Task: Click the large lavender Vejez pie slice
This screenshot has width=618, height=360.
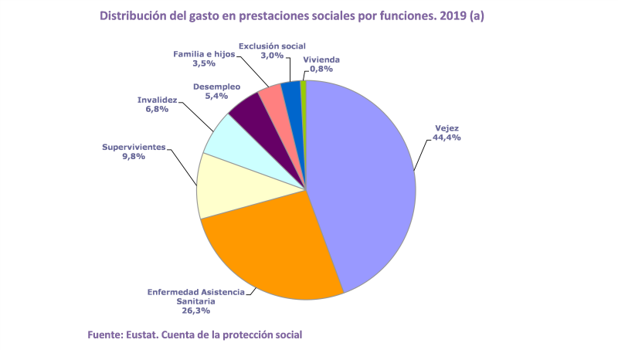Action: tap(363, 185)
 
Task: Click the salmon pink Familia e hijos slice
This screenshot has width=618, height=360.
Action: tap(272, 97)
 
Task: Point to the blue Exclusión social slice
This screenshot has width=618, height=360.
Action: tap(290, 92)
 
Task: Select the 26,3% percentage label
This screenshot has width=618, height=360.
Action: tap(195, 311)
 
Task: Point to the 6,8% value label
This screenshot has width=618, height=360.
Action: tap(157, 110)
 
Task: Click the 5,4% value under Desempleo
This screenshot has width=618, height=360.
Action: tap(216, 97)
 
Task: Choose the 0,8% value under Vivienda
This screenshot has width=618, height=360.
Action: tap(321, 69)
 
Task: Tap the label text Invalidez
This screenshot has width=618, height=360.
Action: tap(157, 100)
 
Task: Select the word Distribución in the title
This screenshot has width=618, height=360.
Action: tap(134, 15)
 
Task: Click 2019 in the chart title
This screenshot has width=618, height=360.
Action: tap(452, 15)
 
